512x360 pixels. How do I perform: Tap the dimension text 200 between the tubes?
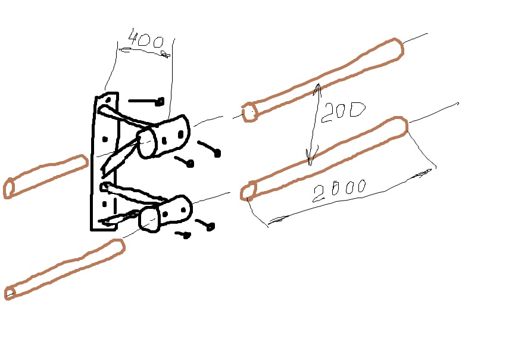[x=343, y=112]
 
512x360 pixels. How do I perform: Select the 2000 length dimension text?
[x=339, y=190]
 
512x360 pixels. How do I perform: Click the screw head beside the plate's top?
[x=160, y=102]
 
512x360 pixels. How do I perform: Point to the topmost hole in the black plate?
[x=109, y=99]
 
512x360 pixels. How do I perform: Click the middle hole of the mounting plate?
[x=105, y=139]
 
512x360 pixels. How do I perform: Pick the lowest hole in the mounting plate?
[x=105, y=204]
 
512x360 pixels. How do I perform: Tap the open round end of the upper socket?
[x=146, y=143]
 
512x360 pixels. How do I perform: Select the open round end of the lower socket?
[x=149, y=220]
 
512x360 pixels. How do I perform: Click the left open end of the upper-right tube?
[x=250, y=112]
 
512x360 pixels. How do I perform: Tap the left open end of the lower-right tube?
[x=248, y=192]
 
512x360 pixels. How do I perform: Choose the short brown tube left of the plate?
[x=46, y=176]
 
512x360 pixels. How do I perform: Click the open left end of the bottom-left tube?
[x=10, y=293]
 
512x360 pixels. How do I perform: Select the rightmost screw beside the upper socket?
[x=217, y=152]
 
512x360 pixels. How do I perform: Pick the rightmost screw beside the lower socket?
[x=210, y=226]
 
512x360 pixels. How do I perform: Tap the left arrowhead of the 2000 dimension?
[x=277, y=220]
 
